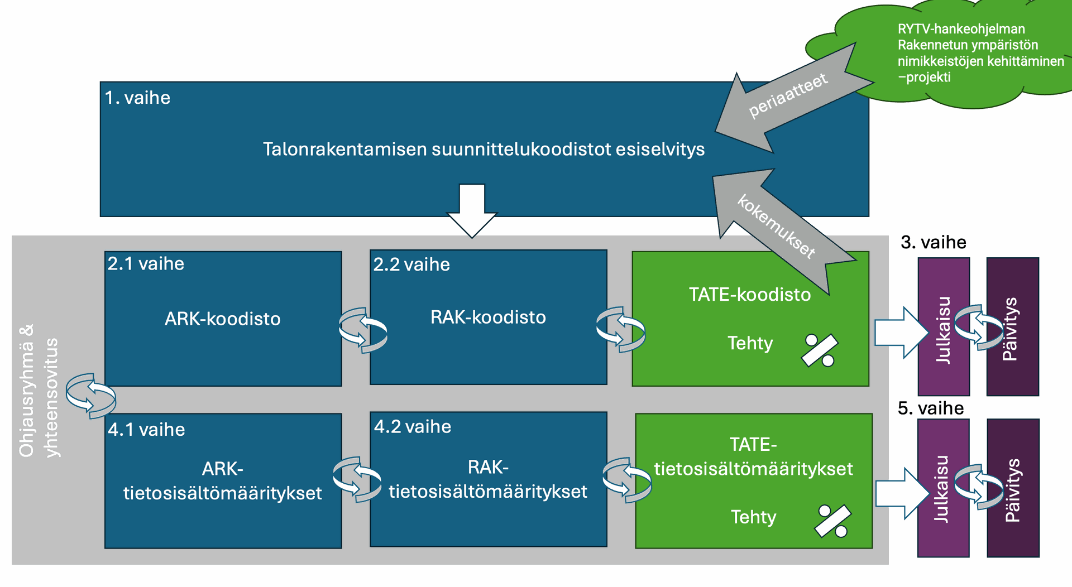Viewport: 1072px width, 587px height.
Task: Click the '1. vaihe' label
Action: (137, 98)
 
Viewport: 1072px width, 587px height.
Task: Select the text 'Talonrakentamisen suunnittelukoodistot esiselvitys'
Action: (484, 150)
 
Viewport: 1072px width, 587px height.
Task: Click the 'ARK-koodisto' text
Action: (222, 319)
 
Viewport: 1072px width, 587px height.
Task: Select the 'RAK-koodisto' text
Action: (488, 317)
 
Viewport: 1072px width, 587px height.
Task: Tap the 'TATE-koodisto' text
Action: (749, 295)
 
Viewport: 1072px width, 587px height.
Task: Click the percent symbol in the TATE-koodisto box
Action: (820, 350)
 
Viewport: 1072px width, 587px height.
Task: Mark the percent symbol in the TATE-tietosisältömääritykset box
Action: (832, 521)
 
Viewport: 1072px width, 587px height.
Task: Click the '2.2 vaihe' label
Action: (411, 264)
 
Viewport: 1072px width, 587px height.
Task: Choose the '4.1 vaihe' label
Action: (146, 430)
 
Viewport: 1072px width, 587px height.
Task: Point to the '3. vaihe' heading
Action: (933, 243)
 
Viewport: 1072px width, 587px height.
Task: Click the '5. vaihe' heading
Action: (930, 408)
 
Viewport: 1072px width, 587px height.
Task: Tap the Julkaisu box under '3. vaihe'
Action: (944, 327)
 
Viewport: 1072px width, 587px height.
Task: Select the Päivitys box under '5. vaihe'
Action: (1013, 488)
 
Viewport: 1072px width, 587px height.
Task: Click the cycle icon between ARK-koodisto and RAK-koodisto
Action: (363, 330)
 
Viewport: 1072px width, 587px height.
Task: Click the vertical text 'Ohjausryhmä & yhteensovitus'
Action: (38, 391)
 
